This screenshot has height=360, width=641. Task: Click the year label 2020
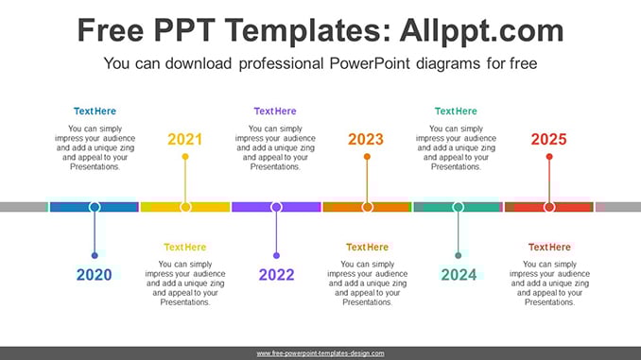point(94,275)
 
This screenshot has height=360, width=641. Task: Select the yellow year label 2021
point(184,139)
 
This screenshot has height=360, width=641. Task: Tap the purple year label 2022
point(276,275)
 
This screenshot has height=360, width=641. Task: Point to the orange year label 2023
point(366,139)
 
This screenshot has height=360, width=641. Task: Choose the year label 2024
point(459,275)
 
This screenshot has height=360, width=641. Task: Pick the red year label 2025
point(548,139)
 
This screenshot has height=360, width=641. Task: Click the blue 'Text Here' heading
point(95,111)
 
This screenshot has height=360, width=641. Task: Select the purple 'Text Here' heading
point(275,111)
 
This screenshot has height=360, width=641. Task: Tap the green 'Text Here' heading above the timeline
point(456,111)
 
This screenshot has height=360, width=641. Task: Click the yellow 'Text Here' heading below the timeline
point(185,248)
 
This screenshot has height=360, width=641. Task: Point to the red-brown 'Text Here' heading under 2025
point(549,248)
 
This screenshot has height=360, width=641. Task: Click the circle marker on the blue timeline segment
point(95,207)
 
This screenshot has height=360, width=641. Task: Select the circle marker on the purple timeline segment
point(276,207)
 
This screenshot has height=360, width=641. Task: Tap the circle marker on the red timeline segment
point(549,207)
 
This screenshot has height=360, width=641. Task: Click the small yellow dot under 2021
point(185,157)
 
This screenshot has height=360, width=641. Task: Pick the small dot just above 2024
point(459,256)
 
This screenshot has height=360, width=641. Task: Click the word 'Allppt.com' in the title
point(481,30)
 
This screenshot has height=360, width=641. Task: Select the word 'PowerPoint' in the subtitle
point(370,63)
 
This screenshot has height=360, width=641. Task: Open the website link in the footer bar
point(320,353)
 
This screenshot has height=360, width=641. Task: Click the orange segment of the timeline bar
point(367,207)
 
